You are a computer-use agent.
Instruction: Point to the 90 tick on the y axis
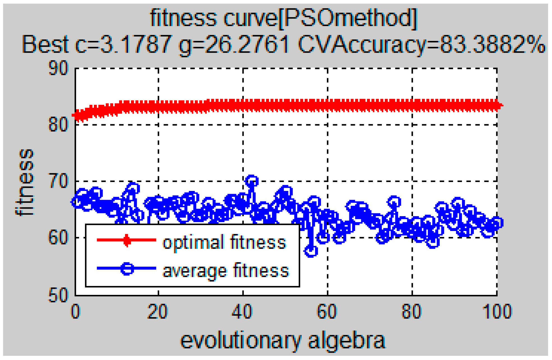[58, 68]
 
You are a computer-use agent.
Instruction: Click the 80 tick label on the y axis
[58, 125]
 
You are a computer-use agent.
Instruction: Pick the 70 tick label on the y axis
[58, 181]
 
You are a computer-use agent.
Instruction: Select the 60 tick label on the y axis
[58, 238]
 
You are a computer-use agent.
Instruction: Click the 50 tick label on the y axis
[58, 295]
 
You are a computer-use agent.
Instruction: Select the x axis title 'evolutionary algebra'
[283, 341]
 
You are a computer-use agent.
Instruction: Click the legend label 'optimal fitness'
[224, 242]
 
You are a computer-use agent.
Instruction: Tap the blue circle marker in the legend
[127, 269]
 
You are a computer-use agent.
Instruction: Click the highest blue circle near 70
[251, 181]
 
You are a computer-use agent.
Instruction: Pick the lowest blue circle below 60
[311, 251]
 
